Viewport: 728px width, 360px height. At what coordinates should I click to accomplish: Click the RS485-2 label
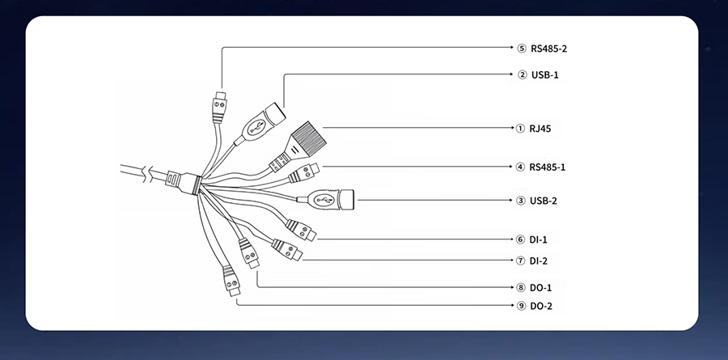pyautogui.click(x=548, y=49)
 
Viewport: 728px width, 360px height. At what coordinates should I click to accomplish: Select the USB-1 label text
pyautogui.click(x=545, y=74)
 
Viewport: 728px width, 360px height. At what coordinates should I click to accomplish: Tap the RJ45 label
pyautogui.click(x=540, y=129)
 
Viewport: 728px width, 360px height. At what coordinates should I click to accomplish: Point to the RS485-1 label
pyautogui.click(x=548, y=167)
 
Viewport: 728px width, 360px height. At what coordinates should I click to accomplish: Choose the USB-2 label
pyautogui.click(x=544, y=201)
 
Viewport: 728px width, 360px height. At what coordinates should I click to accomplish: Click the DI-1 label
pyautogui.click(x=538, y=239)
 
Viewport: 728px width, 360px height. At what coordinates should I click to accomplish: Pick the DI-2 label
pyautogui.click(x=539, y=261)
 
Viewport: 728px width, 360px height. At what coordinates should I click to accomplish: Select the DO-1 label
pyautogui.click(x=541, y=288)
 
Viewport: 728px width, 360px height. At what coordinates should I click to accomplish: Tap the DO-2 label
pyautogui.click(x=541, y=306)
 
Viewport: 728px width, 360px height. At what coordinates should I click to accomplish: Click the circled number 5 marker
pyautogui.click(x=522, y=49)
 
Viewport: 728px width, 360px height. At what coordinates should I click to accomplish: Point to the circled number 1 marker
pyautogui.click(x=520, y=129)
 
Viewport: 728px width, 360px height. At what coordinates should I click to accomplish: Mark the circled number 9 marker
pyautogui.click(x=521, y=306)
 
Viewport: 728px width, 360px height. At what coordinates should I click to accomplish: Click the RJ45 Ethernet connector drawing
pyautogui.click(x=298, y=146)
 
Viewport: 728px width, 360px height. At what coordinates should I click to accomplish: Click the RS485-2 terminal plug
pyautogui.click(x=219, y=108)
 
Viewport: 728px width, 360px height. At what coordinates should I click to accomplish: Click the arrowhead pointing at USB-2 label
pyautogui.click(x=510, y=200)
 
